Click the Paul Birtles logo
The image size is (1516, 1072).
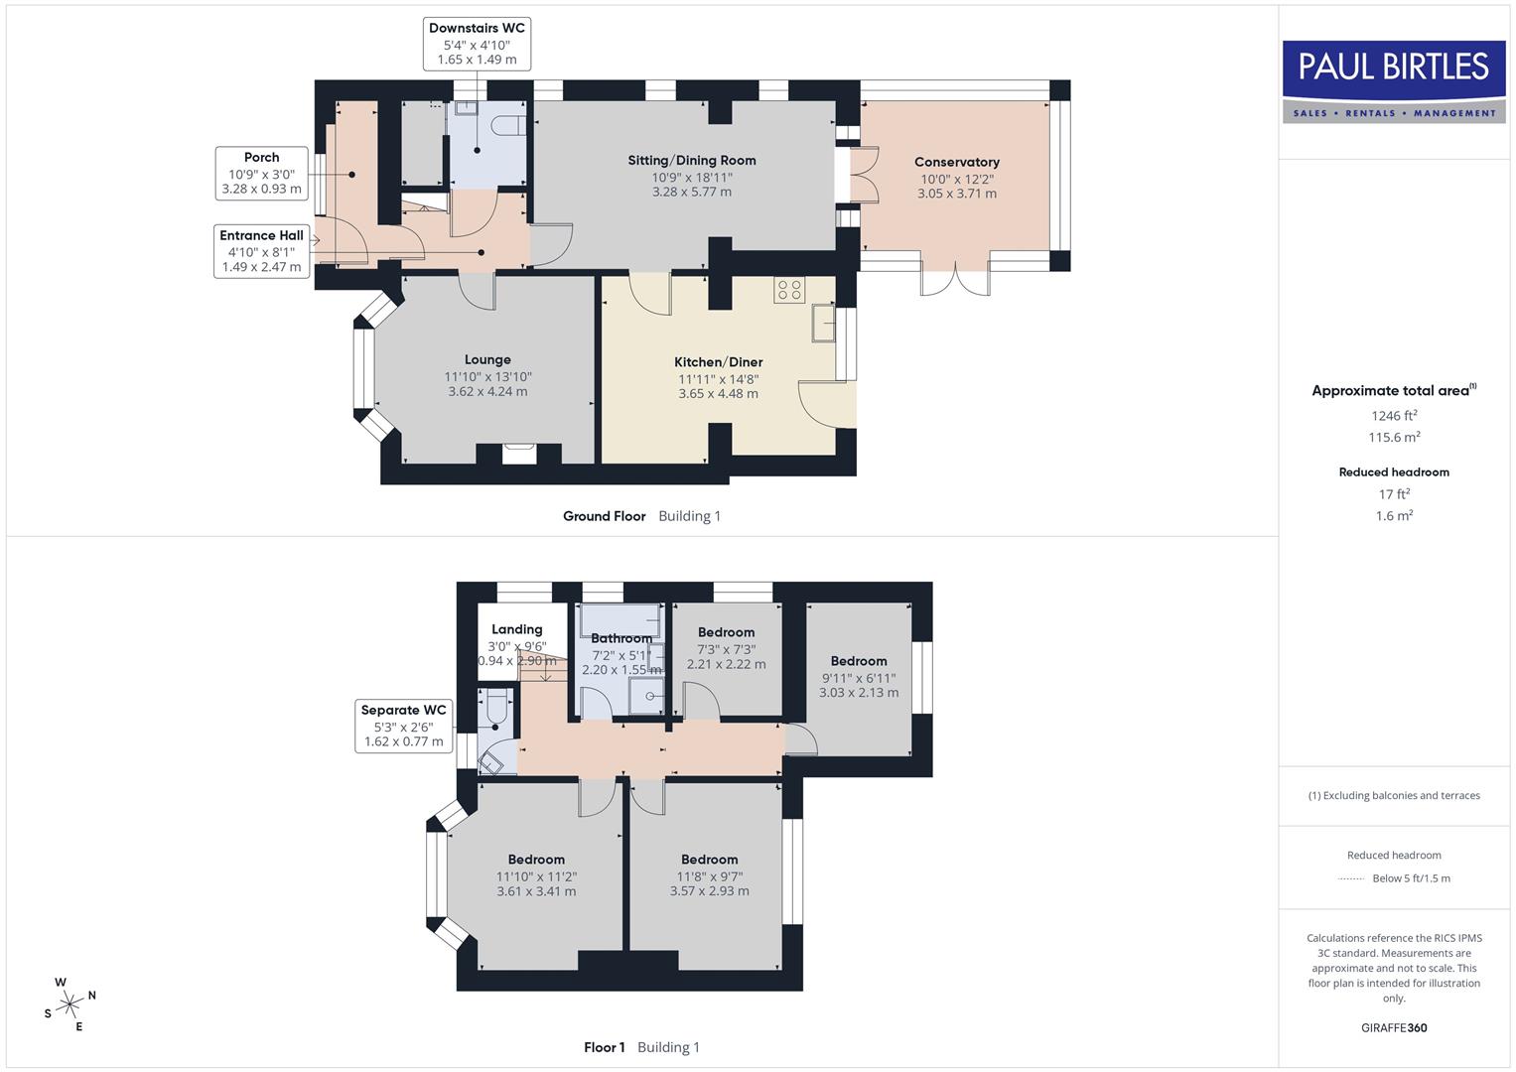[1394, 81]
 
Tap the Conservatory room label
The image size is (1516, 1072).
[956, 163]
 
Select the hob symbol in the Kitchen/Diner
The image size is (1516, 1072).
[790, 290]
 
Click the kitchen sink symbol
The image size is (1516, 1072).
[822, 324]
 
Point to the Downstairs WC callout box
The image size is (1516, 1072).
[477, 44]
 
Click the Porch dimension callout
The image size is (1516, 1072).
[261, 173]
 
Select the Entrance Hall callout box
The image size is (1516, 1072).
[261, 250]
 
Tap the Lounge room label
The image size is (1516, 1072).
[487, 360]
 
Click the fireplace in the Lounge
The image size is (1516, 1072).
[519, 452]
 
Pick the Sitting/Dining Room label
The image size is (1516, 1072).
[691, 161]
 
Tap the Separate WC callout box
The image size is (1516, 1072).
[403, 726]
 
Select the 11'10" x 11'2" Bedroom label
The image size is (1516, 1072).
[536, 860]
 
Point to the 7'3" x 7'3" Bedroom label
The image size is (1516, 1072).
[726, 632]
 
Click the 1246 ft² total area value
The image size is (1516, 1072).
[1394, 416]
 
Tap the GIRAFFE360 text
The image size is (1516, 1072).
[1394, 1027]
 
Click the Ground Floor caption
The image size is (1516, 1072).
[604, 516]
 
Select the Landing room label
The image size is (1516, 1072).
[516, 629]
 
